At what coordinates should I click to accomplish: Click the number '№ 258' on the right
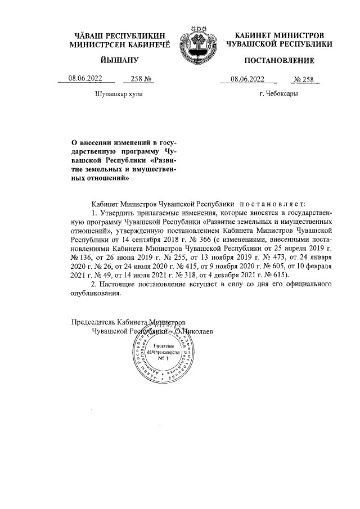304,79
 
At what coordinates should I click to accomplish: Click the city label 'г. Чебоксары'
279,94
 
